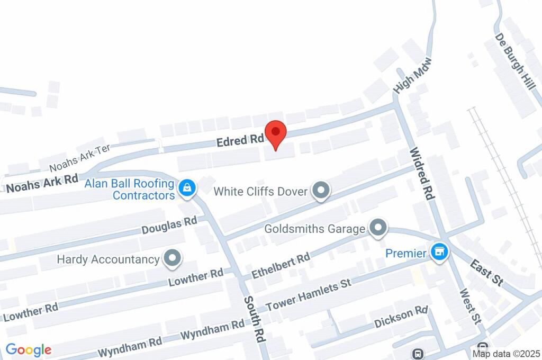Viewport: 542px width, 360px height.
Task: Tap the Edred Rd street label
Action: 240,140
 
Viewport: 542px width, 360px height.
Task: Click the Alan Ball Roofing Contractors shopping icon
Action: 187,187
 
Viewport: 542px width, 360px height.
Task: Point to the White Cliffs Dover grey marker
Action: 320,191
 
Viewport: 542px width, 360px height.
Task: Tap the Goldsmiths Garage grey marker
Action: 377,228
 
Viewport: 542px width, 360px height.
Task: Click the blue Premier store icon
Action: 439,253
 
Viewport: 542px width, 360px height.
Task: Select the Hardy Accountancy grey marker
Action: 171,259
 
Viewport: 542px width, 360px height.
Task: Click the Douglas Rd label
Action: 169,226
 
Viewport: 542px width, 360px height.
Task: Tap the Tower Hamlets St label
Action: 309,295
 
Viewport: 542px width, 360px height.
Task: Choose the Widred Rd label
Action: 422,174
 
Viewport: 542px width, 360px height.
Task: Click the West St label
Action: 469,307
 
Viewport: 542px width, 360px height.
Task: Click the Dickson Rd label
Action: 401,317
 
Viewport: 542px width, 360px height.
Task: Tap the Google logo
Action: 29,350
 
